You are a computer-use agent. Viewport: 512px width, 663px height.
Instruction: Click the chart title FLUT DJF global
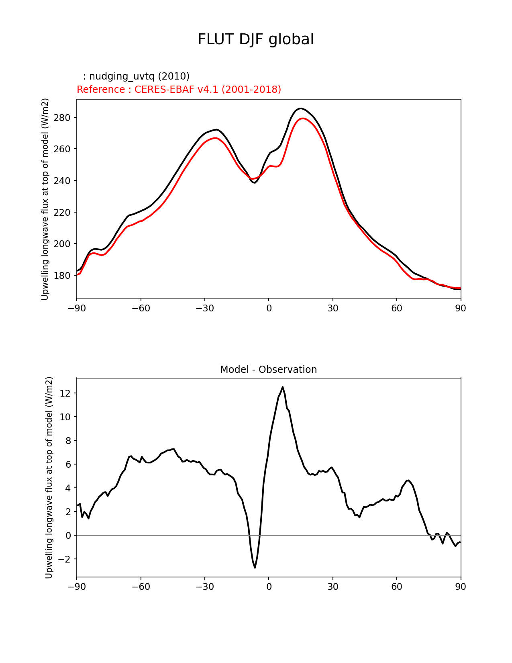[256, 39]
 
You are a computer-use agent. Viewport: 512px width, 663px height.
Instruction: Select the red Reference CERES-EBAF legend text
[179, 90]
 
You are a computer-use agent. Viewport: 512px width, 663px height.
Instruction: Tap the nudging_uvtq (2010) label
[136, 76]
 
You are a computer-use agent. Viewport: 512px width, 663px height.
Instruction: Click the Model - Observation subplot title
[268, 370]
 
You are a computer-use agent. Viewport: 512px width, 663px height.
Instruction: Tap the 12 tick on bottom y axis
[65, 393]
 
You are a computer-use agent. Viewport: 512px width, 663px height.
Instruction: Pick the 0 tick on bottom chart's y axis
[68, 536]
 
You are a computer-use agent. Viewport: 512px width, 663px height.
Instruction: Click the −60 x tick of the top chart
[141, 308]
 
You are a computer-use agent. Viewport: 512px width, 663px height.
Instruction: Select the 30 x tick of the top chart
[332, 308]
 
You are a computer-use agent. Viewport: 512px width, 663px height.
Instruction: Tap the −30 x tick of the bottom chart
[204, 587]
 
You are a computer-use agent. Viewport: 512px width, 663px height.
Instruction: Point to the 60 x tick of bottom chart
[396, 587]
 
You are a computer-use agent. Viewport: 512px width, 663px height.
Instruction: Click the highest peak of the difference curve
[283, 387]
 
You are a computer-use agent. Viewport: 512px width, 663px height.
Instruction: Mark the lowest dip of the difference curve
[255, 567]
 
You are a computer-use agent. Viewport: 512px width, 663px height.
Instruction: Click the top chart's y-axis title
[45, 199]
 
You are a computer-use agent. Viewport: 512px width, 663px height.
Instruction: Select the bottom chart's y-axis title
[49, 477]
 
